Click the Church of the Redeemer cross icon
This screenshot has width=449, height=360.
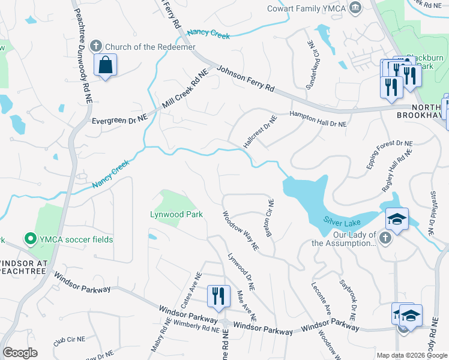tap(95, 46)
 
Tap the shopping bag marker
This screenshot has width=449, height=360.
tap(105, 65)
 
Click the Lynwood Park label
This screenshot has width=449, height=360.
tap(176, 214)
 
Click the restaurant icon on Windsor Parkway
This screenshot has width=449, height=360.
tap(218, 295)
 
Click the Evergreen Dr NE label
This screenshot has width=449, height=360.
tap(119, 120)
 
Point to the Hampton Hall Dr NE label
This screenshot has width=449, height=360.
tap(318, 119)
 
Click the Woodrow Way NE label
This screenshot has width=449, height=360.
tap(240, 230)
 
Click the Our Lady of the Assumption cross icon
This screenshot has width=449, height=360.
tap(385, 238)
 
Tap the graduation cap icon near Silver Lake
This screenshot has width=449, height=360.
tap(396, 219)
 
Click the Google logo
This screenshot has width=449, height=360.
tap(20, 353)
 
